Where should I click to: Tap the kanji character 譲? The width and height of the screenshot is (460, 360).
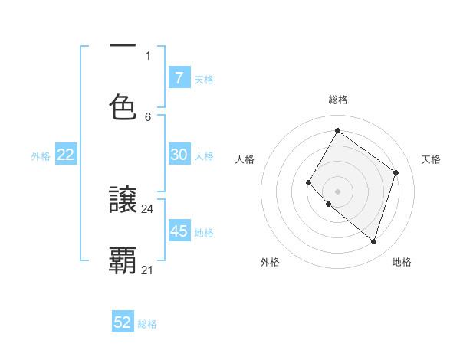(x=123, y=201)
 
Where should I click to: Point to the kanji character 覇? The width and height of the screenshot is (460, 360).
(x=123, y=260)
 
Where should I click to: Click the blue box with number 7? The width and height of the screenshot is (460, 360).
(x=179, y=77)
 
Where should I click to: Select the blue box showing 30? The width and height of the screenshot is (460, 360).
(x=179, y=155)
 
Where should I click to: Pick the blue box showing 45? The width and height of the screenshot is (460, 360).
(x=179, y=231)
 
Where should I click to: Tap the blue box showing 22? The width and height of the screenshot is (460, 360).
(x=66, y=155)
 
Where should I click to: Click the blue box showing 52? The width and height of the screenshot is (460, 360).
(x=123, y=322)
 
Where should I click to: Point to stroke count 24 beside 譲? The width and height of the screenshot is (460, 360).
(x=148, y=208)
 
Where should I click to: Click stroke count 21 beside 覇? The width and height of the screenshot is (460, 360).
(x=148, y=270)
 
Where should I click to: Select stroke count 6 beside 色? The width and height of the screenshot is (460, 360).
(x=148, y=116)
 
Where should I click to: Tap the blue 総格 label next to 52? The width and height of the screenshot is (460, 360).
(x=147, y=324)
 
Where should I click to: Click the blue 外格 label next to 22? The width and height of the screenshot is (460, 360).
(x=41, y=156)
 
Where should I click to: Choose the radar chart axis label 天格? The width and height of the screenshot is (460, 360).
(x=431, y=159)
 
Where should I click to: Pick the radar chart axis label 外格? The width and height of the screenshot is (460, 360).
(x=270, y=262)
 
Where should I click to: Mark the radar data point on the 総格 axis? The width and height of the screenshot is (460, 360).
(x=337, y=130)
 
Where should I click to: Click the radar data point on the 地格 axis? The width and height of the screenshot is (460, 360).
(x=373, y=241)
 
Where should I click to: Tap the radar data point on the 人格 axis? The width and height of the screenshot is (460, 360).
(x=308, y=182)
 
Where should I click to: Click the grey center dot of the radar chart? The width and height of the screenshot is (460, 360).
(x=337, y=191)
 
